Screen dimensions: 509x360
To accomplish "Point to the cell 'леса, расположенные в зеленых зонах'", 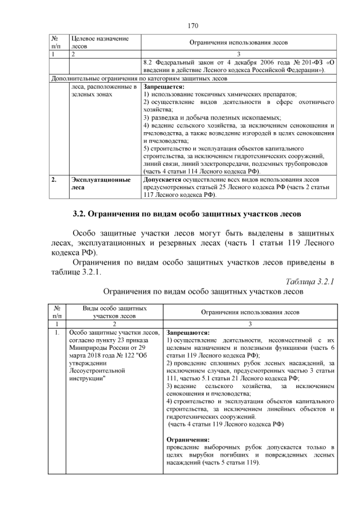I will pyautogui.click(x=104, y=91).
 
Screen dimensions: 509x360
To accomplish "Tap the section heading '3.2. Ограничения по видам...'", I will pyautogui.click(x=187, y=214).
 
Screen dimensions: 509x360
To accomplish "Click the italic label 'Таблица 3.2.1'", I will pyautogui.click(x=310, y=281).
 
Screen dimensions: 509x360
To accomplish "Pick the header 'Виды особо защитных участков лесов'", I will pyautogui.click(x=115, y=312).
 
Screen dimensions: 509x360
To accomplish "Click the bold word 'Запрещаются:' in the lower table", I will pyautogui.click(x=188, y=332).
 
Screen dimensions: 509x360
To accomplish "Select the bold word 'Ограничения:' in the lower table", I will pyautogui.click(x=188, y=439).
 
